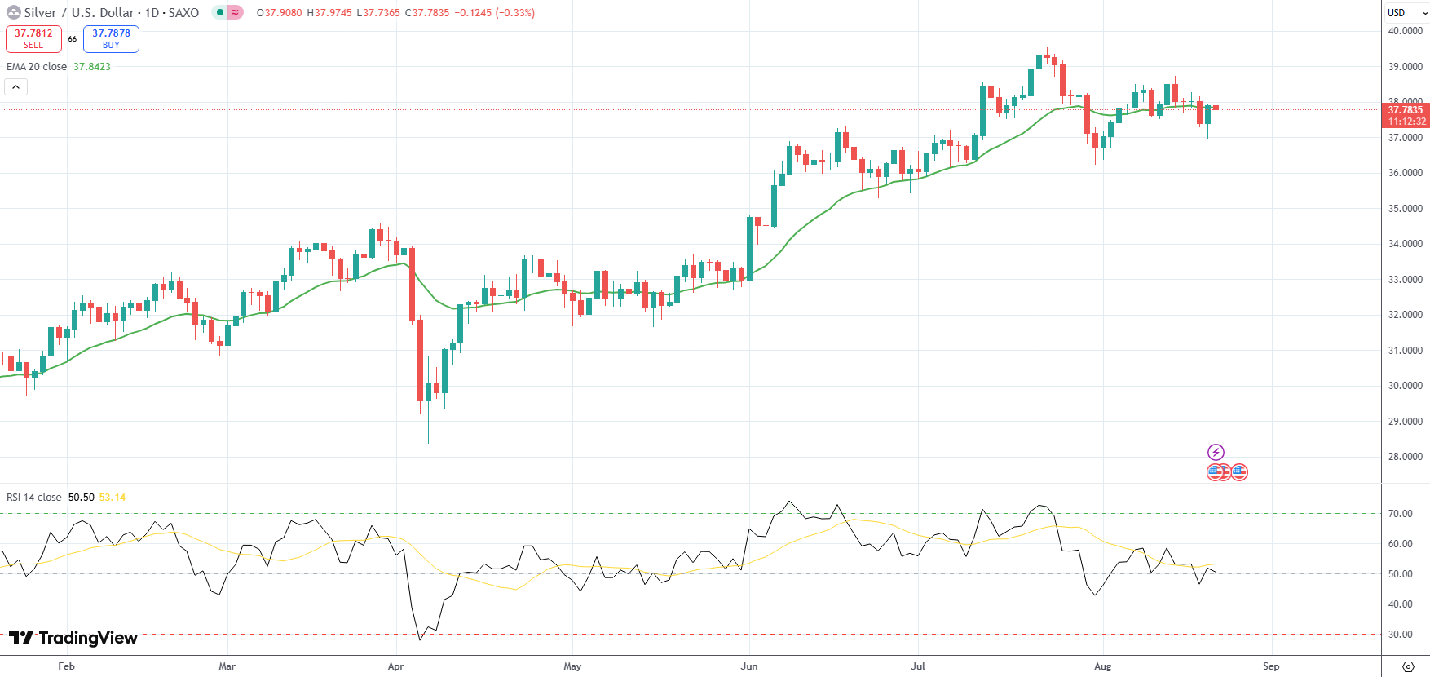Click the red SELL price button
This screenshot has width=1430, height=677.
33,38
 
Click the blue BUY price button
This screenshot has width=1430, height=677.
111,38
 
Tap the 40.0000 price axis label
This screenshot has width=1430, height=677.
1406,31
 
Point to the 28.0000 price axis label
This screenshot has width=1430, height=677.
1406,457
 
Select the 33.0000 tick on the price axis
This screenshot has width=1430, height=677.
1406,280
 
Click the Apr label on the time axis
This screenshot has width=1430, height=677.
396,666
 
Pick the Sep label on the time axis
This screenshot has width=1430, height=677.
1271,666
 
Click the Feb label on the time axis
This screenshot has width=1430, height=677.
67,666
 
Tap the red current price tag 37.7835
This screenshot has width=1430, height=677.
1406,110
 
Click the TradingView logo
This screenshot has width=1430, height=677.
73,638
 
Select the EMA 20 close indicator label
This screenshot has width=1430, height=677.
37,67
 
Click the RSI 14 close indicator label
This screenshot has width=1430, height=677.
34,498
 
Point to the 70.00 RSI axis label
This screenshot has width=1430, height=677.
1401,514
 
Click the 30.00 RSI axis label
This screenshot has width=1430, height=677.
1401,635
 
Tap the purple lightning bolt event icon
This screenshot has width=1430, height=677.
1216,452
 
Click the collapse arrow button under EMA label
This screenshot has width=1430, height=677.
15,86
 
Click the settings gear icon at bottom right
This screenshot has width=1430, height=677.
1408,666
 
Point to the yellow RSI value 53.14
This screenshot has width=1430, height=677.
113,498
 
